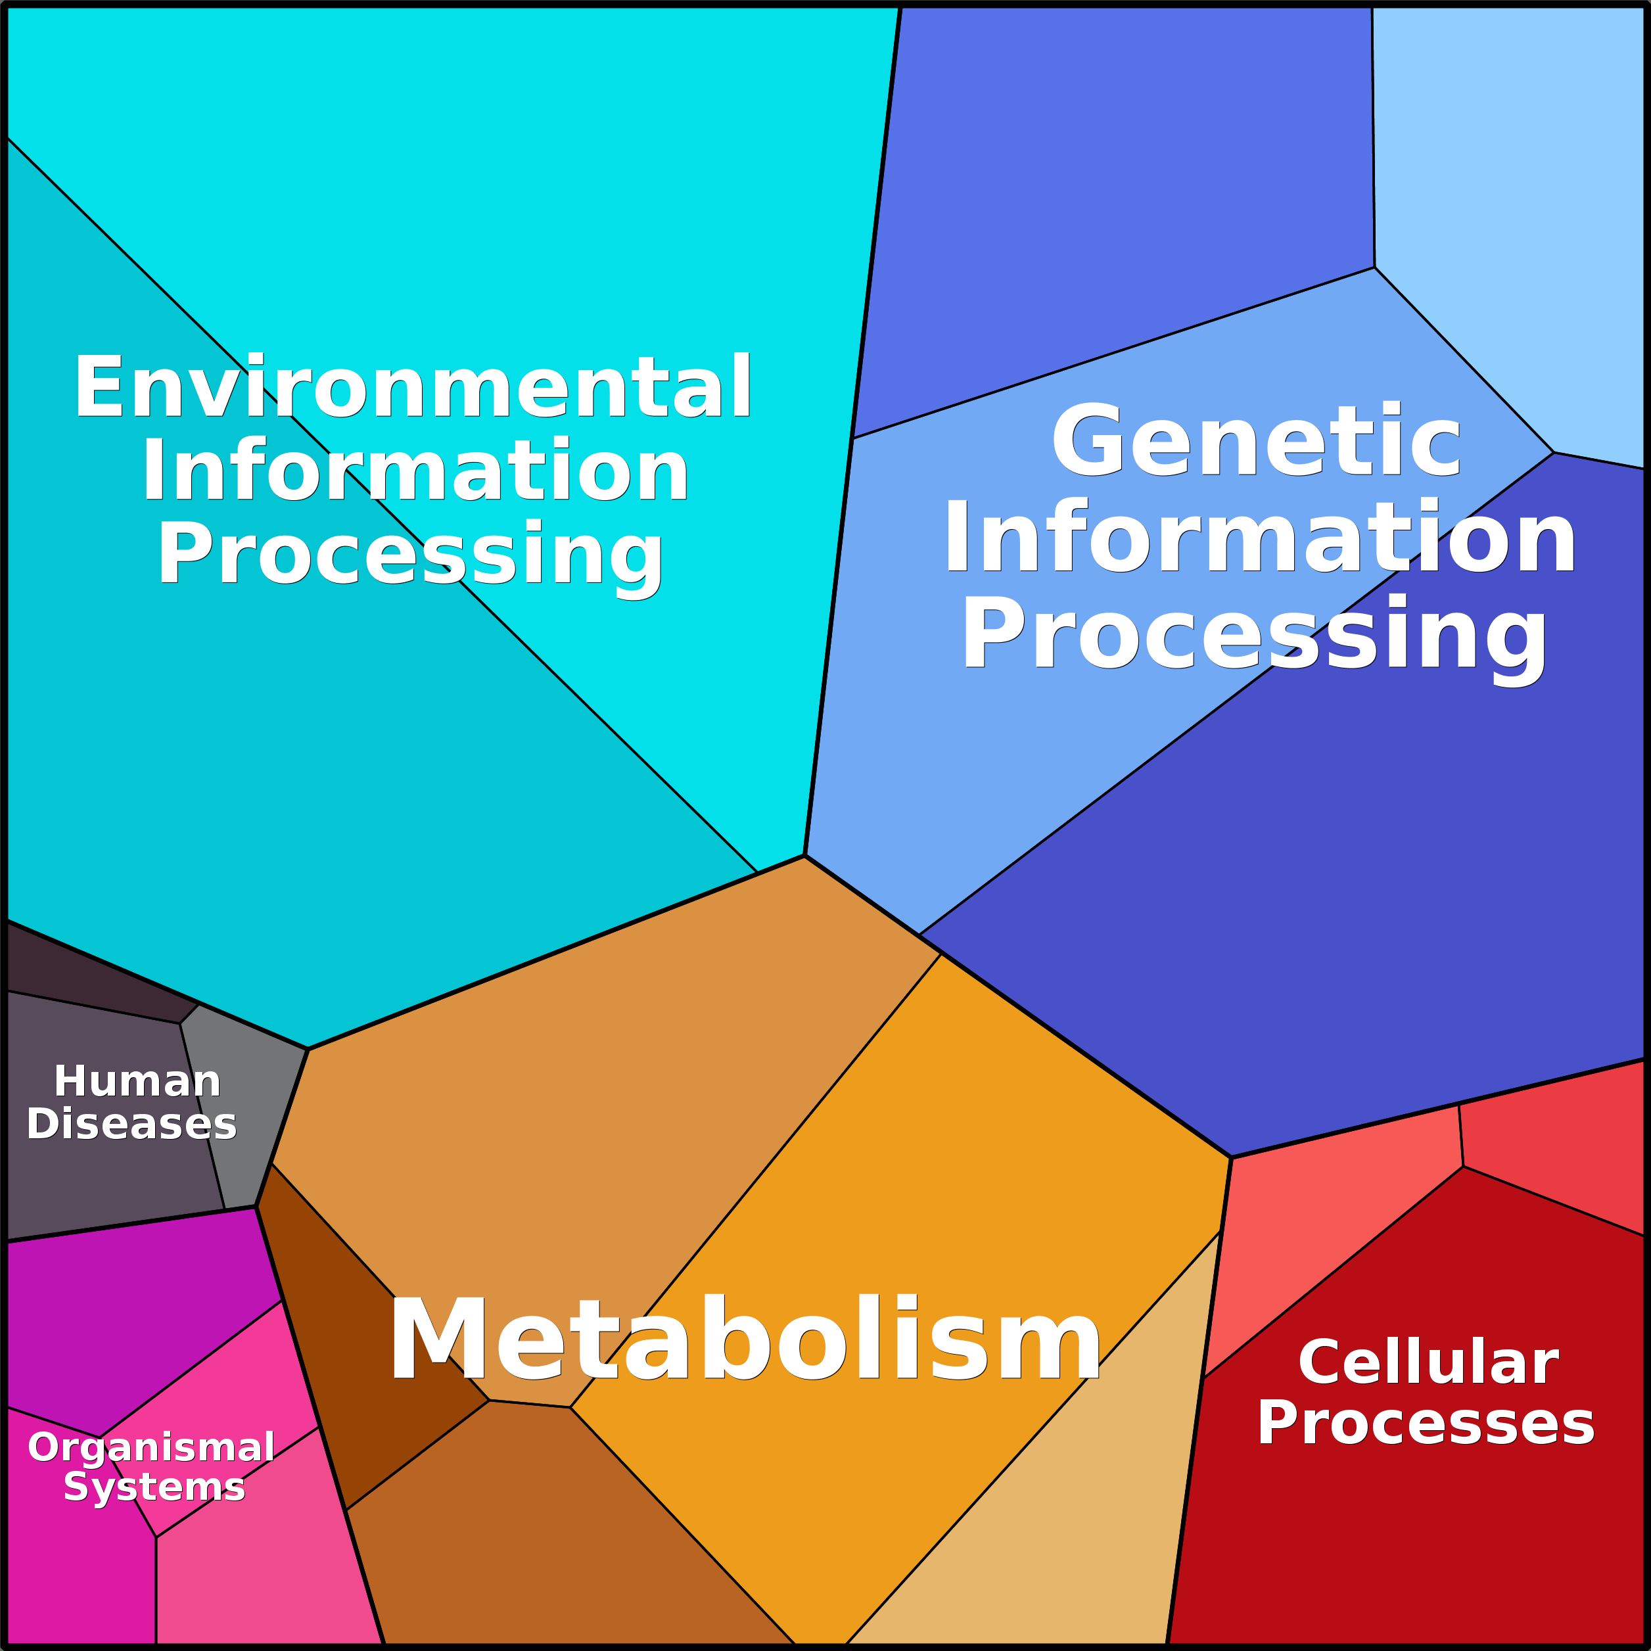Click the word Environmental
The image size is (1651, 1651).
coord(413,387)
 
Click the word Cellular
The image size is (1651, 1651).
coord(1428,1362)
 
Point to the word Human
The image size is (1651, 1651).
coord(137,1082)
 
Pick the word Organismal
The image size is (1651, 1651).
coord(151,1448)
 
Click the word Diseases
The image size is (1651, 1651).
coord(131,1124)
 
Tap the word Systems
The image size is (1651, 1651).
coord(154,1488)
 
